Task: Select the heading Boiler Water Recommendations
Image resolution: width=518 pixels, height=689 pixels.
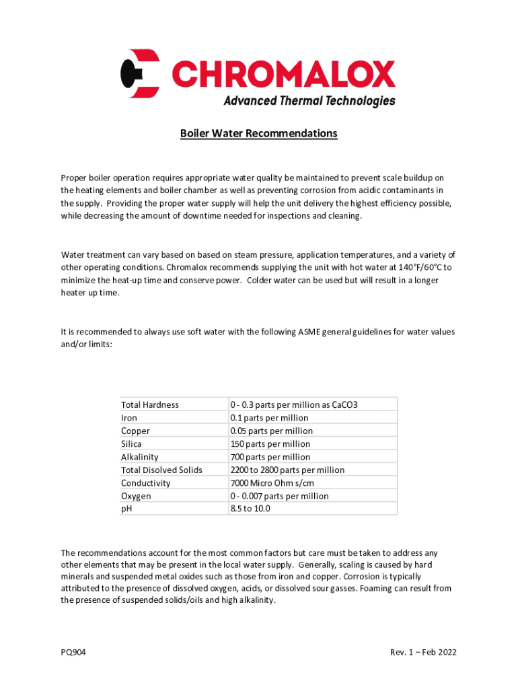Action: click(x=258, y=134)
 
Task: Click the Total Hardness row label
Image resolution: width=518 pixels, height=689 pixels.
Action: click(x=149, y=404)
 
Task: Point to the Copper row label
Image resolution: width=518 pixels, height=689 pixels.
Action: click(x=135, y=431)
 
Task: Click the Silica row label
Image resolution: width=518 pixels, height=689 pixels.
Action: click(x=131, y=444)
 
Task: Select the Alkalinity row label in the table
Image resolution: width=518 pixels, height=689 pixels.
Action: click(x=139, y=457)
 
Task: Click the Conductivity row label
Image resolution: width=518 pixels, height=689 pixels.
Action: click(x=145, y=483)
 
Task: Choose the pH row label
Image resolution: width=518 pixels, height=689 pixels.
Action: click(x=126, y=509)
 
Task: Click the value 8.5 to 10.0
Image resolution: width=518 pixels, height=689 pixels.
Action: click(x=250, y=509)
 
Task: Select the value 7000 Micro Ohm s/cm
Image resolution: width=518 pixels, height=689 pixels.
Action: click(x=272, y=483)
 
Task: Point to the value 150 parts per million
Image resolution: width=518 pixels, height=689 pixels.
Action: click(x=270, y=444)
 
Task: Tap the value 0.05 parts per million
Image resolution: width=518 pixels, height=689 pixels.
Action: click(x=271, y=431)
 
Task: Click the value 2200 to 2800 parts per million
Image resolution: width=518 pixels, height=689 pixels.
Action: click(x=287, y=470)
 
